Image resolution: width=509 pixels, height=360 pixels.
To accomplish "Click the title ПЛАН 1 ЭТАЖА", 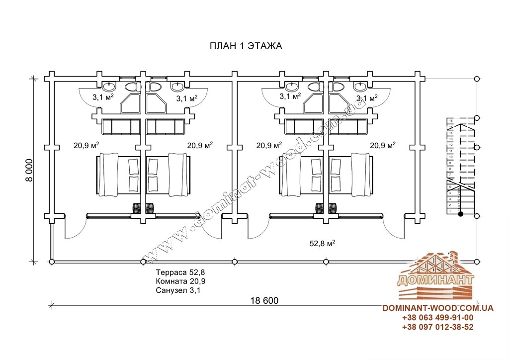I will point(246,46).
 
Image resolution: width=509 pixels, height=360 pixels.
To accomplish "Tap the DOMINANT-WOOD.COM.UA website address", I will point(437,308).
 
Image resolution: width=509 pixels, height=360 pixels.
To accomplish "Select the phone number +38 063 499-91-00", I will point(437,318).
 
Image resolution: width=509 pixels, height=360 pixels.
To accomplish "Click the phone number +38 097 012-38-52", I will point(437,327).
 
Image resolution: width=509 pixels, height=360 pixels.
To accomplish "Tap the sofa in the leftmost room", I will point(121,127).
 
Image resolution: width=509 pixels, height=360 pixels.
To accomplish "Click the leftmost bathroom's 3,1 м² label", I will point(103,97).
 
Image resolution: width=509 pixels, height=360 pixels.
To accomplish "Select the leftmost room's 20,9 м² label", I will point(86,145).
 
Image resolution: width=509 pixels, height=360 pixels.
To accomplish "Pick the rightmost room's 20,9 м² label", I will point(382,145).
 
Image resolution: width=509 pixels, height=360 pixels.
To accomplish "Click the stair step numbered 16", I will point(451,121).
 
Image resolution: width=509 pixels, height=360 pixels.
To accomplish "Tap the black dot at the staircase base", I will point(461,214).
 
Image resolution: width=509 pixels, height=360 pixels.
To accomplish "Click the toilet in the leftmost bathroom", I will point(132,88).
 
